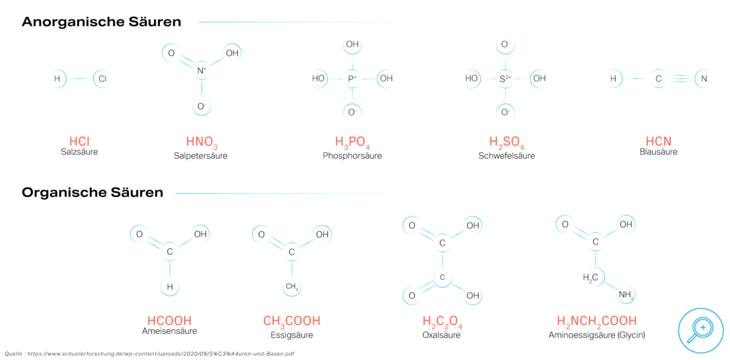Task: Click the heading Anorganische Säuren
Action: (102, 22)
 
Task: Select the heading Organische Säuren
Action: (92, 193)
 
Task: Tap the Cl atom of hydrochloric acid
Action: (102, 78)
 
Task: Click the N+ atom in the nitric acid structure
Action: (202, 71)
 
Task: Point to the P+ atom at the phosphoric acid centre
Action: (352, 78)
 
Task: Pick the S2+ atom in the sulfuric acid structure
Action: (506, 78)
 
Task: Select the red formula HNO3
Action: (201, 142)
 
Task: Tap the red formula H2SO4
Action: (506, 142)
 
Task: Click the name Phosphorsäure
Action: (352, 156)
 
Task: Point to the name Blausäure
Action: (658, 152)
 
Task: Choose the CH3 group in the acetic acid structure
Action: (291, 286)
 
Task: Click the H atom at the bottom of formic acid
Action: (170, 286)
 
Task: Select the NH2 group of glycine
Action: (626, 294)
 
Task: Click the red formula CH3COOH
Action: (291, 322)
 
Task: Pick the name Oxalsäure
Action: (441, 335)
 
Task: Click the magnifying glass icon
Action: (701, 330)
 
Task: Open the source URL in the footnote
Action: (161, 354)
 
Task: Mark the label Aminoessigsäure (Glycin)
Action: (597, 335)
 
